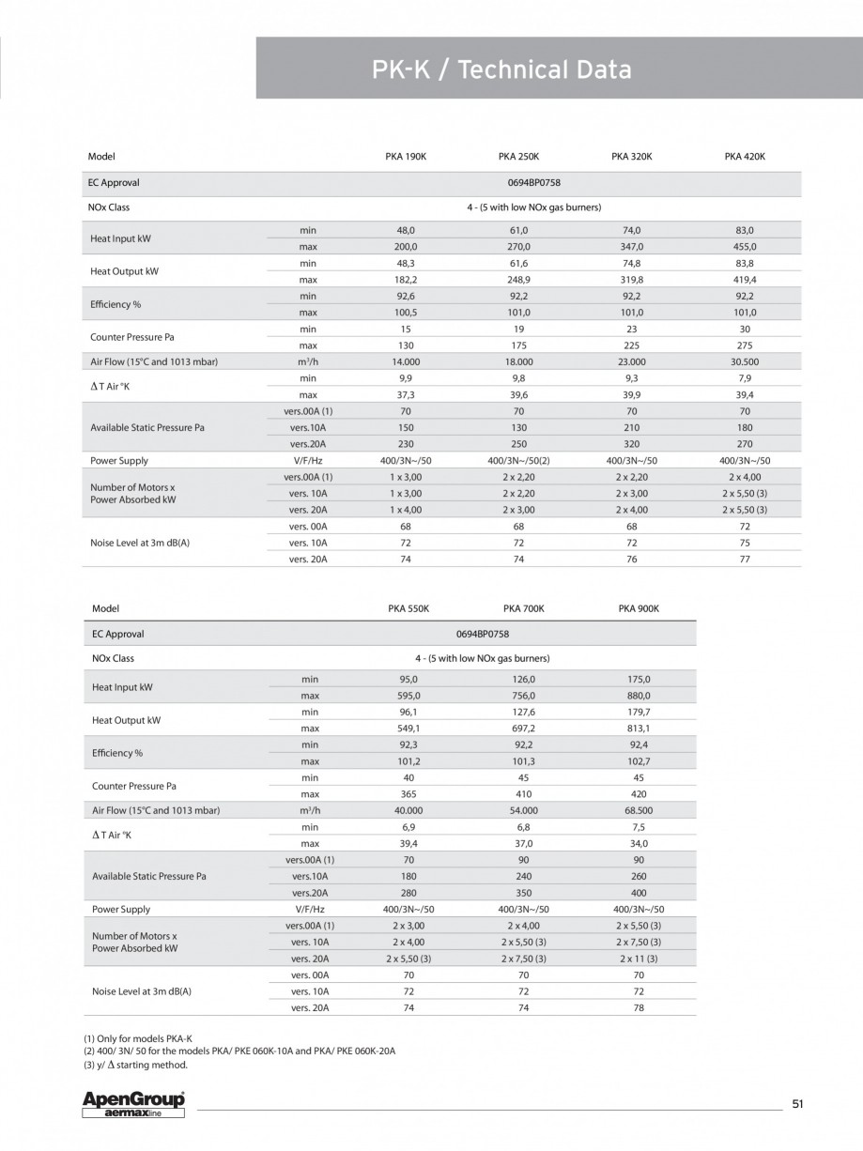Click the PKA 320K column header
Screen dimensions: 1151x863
pyautogui.click(x=631, y=157)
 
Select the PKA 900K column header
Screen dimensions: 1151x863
pyautogui.click(x=639, y=608)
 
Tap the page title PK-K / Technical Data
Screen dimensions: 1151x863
pyautogui.click(x=501, y=69)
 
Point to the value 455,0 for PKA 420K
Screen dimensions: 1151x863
pyautogui.click(x=745, y=246)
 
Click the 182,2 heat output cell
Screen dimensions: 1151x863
pyautogui.click(x=406, y=280)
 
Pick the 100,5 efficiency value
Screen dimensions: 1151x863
pyautogui.click(x=406, y=313)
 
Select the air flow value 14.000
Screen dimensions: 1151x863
pyautogui.click(x=406, y=361)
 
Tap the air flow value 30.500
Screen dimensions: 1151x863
pyautogui.click(x=745, y=361)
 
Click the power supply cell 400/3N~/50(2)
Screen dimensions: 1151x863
pyautogui.click(x=518, y=461)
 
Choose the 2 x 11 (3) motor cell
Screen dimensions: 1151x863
pyautogui.click(x=639, y=959)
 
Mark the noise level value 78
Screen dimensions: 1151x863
pyautogui.click(x=639, y=1007)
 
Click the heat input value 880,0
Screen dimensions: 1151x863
pyautogui.click(x=639, y=696)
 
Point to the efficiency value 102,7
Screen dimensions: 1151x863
pyautogui.click(x=639, y=761)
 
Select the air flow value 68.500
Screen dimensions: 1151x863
pyautogui.click(x=639, y=810)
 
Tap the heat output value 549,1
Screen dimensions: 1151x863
pyautogui.click(x=408, y=728)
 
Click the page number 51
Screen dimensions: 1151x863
pyautogui.click(x=797, y=1104)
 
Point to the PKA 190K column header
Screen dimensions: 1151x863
pyautogui.click(x=406, y=157)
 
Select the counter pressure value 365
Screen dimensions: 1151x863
pyautogui.click(x=408, y=793)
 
